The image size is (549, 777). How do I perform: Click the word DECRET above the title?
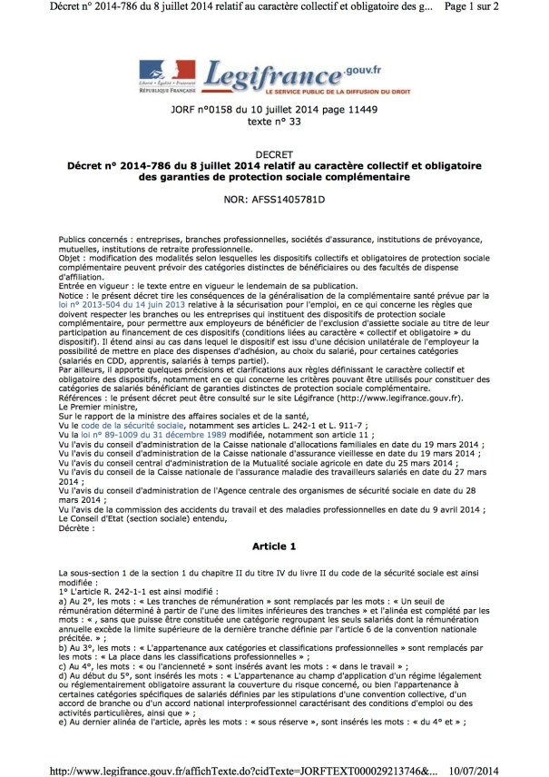coord(275,154)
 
